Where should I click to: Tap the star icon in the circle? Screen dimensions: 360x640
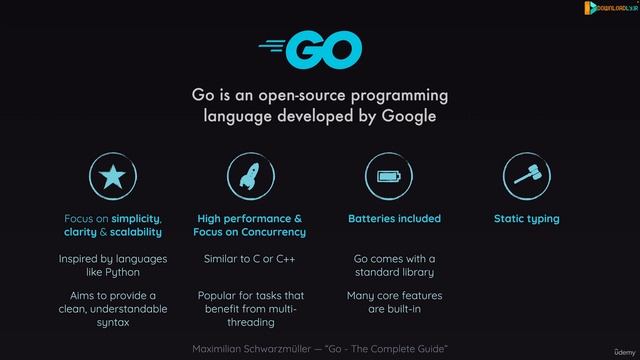point(112,177)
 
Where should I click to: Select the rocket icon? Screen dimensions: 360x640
point(250,177)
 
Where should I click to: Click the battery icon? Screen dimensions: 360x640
point(388,177)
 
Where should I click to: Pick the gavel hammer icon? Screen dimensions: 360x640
point(526,177)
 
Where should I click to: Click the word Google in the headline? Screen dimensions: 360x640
point(403,117)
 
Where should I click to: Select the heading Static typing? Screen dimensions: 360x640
point(526,218)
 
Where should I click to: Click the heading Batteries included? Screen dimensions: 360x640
point(394,218)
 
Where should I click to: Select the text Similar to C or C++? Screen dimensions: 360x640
point(250,259)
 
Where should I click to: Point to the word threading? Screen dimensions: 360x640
point(250,323)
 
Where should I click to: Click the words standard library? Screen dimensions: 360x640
point(394,272)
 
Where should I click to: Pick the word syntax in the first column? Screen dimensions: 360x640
point(112,323)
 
